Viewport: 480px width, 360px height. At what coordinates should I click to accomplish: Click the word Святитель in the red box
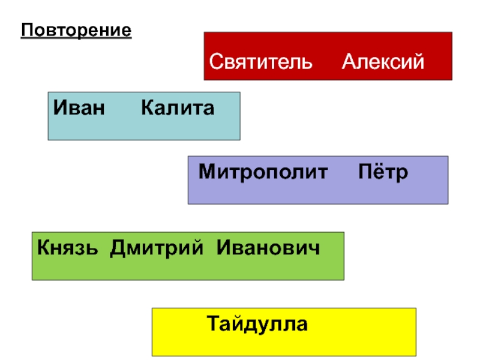260,61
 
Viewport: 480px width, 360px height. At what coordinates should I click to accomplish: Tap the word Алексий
383,61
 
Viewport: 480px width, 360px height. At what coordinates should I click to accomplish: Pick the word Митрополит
263,172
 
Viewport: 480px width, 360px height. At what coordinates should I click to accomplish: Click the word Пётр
383,172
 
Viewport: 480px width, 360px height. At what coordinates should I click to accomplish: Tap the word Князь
70,247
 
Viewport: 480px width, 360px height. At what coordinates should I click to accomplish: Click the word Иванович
268,247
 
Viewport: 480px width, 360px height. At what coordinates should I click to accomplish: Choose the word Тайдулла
258,325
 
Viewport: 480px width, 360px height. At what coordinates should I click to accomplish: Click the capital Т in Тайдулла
214,325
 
